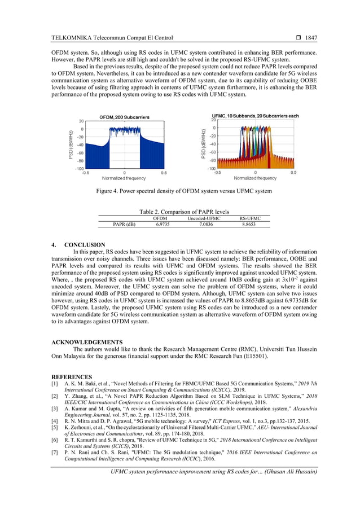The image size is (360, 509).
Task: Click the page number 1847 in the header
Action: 310,38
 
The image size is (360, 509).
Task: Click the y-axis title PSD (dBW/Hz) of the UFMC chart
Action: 203,144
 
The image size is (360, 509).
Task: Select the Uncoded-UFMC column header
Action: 204,218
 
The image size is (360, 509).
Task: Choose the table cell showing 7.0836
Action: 204,224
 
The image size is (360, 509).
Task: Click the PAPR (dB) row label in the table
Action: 125,224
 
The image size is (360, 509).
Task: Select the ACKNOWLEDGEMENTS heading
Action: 87,342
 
